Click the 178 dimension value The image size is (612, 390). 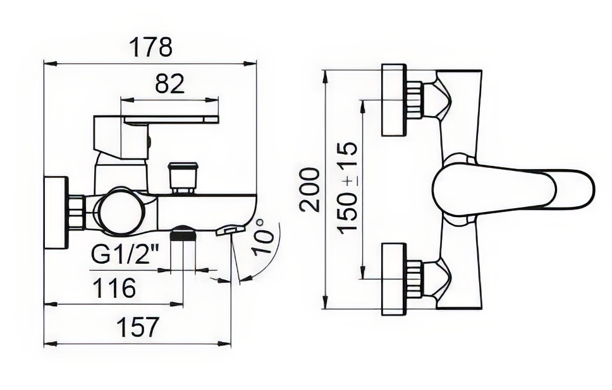pos(150,47)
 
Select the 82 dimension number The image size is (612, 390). pos(170,83)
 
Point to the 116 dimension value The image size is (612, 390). pos(116,288)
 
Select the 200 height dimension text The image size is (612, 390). pos(310,190)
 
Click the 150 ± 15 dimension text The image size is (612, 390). pos(346,188)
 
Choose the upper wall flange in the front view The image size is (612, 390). pos(395,100)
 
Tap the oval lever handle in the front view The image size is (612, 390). pos(513,190)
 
